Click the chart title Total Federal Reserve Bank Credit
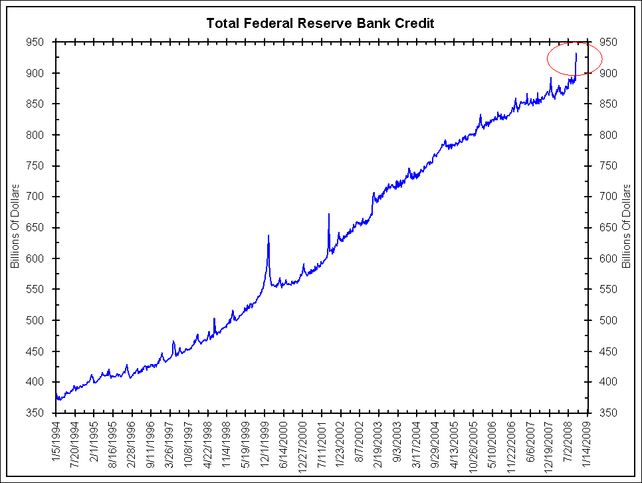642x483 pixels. click(320, 23)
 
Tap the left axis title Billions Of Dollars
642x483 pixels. click(15, 227)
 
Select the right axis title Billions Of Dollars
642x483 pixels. click(625, 227)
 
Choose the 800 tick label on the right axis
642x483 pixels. click(608, 135)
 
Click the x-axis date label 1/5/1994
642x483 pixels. click(56, 442)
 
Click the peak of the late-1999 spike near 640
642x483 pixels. click(268, 235)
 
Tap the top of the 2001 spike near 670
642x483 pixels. click(329, 214)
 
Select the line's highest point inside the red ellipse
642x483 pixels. click(576, 53)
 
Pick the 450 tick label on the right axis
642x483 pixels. click(608, 351)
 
